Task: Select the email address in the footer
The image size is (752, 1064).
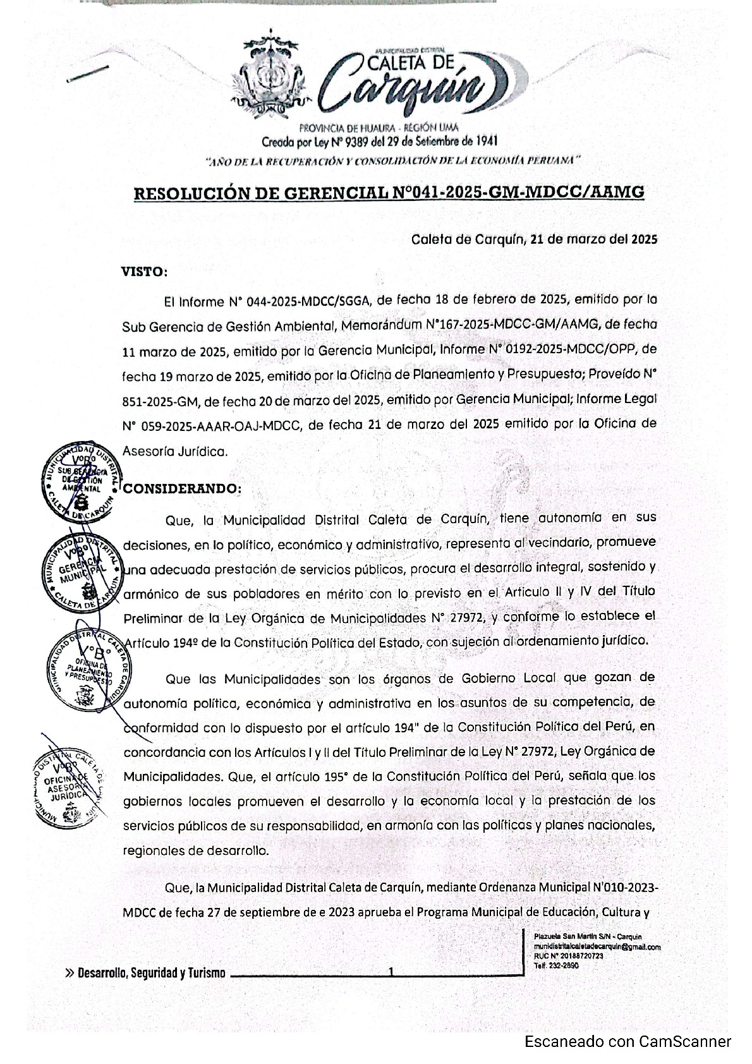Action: pos(597,947)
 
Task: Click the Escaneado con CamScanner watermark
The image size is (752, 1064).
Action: pos(628,1042)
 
